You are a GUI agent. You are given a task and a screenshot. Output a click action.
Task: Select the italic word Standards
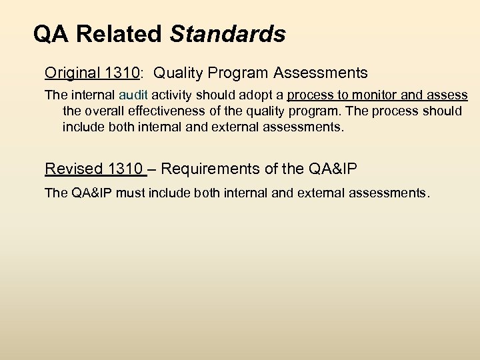pos(229,34)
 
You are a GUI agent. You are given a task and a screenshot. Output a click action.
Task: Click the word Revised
pos(71,169)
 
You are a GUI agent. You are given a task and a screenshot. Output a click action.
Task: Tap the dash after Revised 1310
pos(153,169)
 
